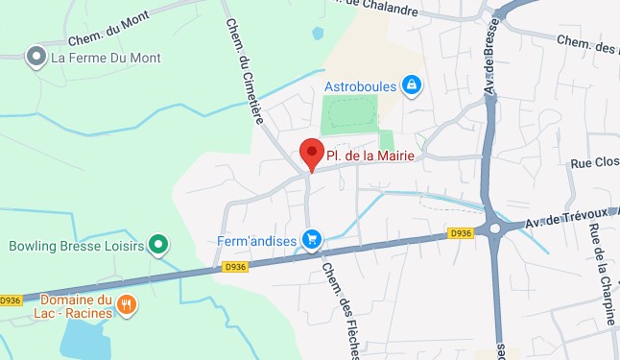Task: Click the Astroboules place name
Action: [x=361, y=86]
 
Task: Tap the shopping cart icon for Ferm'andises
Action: [x=311, y=238]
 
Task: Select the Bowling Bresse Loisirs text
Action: [x=76, y=246]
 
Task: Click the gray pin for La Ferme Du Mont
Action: [x=36, y=58]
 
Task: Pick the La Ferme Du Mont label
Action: [x=107, y=58]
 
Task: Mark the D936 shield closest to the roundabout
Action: [x=461, y=233]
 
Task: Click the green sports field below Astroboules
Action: [x=350, y=115]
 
